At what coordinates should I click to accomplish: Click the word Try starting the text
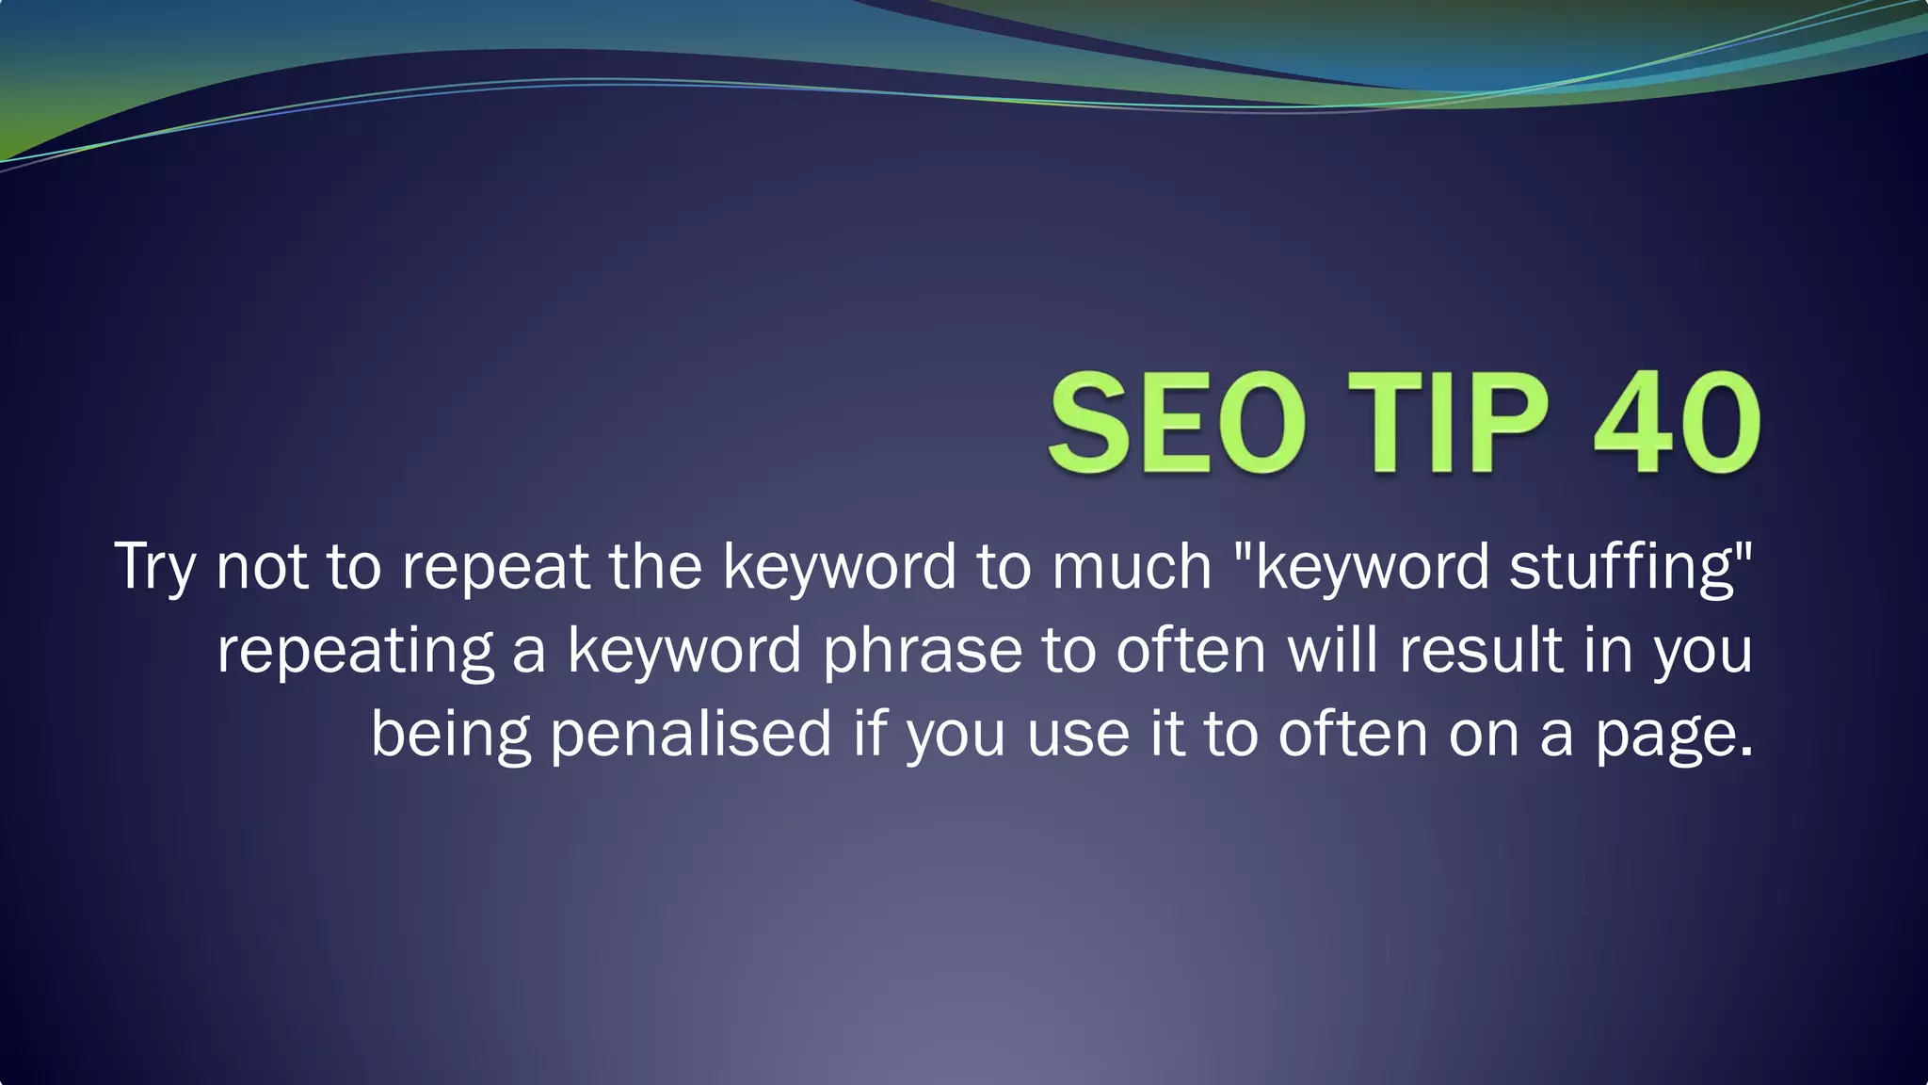pos(155,568)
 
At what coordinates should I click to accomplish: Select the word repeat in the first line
pos(495,568)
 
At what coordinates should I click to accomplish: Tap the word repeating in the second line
pos(355,652)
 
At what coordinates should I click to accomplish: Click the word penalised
pos(691,734)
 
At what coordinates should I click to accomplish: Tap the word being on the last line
pos(450,736)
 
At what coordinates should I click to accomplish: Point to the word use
pos(1078,736)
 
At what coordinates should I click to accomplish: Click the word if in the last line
pos(870,734)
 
